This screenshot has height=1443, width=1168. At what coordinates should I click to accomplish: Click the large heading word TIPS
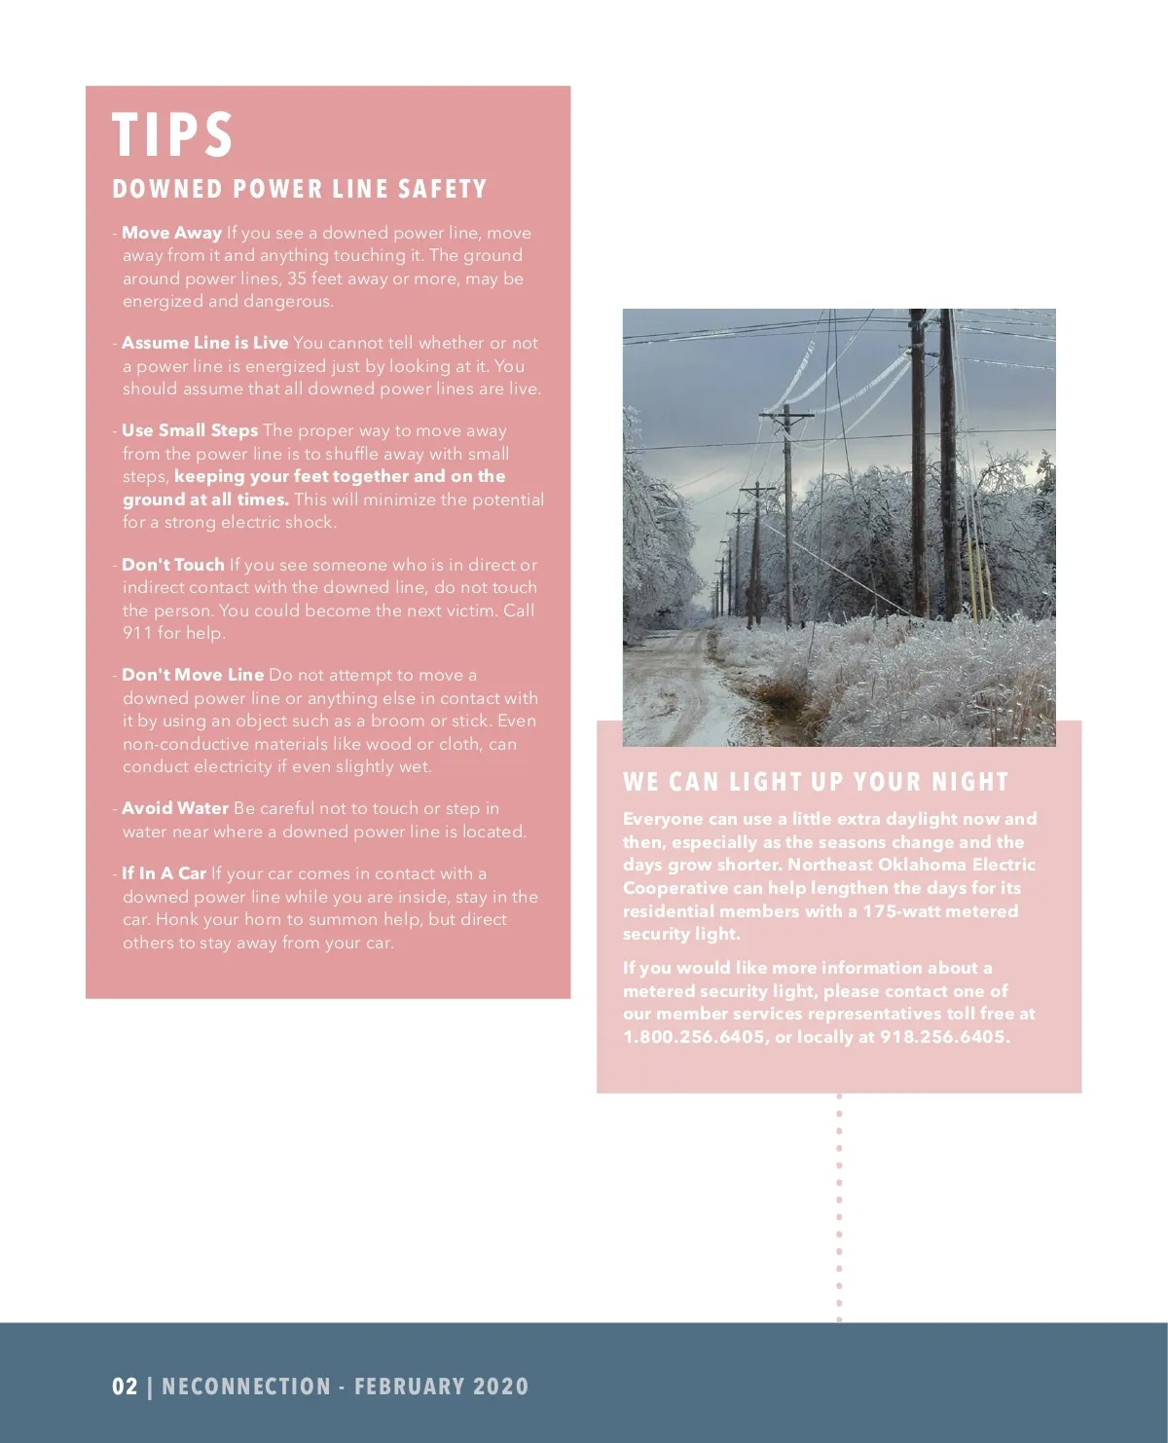[x=172, y=134]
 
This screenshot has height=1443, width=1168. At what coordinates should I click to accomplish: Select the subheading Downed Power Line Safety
[x=299, y=189]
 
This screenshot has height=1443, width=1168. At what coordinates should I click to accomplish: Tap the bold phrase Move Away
[x=172, y=233]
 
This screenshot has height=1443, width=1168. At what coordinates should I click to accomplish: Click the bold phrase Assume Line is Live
[x=204, y=343]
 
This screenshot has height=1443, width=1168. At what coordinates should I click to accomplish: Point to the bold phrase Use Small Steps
[x=190, y=430]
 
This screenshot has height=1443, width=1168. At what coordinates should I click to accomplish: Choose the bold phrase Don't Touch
[x=173, y=565]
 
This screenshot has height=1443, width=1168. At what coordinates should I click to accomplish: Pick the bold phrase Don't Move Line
[x=193, y=675]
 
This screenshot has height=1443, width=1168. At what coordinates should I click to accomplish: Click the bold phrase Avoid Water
[x=175, y=808]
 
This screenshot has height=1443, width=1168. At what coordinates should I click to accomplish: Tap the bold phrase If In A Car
[x=164, y=873]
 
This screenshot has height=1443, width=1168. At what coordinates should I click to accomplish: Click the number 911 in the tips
[x=137, y=633]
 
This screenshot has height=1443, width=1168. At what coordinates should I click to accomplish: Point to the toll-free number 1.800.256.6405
[x=694, y=1037]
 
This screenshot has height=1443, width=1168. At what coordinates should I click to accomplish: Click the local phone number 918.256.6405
[x=942, y=1037]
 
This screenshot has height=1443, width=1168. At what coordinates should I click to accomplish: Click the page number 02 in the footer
[x=125, y=1387]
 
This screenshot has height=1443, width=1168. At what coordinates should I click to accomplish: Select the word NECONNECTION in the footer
[x=246, y=1387]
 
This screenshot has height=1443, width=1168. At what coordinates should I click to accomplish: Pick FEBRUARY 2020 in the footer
[x=441, y=1387]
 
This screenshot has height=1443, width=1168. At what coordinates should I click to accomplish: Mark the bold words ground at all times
[x=205, y=499]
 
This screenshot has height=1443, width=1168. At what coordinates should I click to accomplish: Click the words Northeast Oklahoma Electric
[x=911, y=865]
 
